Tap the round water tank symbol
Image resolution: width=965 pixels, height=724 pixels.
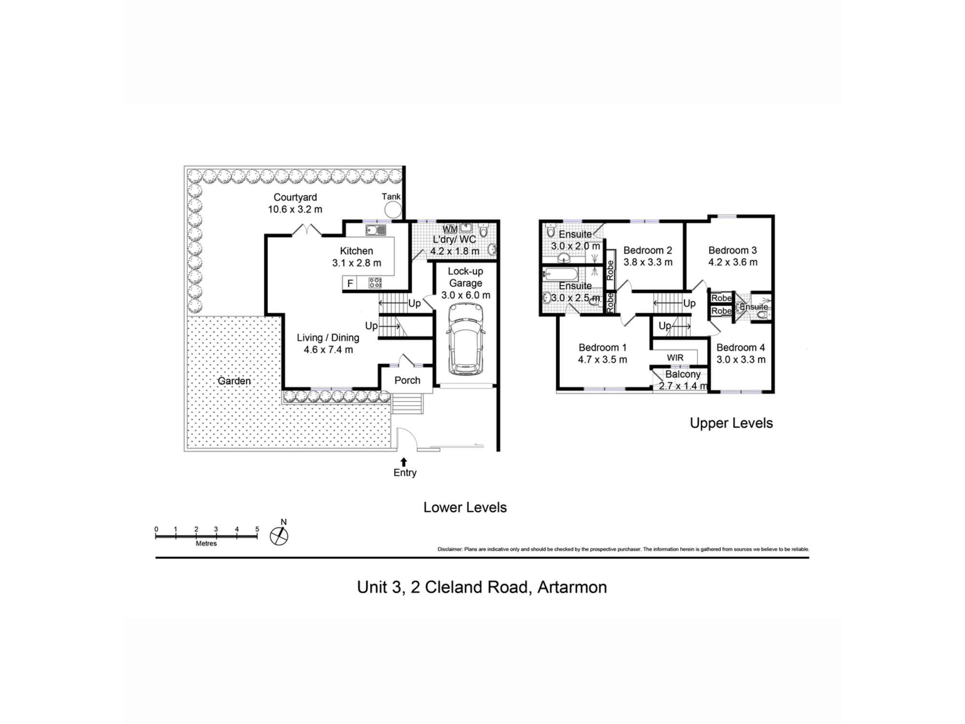coord(393,210)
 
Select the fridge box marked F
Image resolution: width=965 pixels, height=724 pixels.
coord(350,283)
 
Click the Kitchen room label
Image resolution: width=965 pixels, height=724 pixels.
coord(356,251)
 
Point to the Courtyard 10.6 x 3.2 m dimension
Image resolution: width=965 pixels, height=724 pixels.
coord(295,209)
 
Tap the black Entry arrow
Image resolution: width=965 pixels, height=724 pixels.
coord(404,462)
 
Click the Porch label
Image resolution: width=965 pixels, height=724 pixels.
coord(407,380)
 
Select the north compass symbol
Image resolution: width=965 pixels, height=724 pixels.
coord(279,535)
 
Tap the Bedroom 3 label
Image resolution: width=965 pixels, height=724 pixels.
coord(732,251)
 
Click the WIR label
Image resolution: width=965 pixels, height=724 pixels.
coord(675,358)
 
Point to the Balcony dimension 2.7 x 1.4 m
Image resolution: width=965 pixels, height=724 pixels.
coord(683,386)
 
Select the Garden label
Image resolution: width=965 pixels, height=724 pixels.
coord(234,381)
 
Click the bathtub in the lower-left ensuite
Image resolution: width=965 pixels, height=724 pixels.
coord(560,275)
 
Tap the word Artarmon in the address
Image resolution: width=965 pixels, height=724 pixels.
coord(572,587)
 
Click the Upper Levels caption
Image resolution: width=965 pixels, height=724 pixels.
coord(731,423)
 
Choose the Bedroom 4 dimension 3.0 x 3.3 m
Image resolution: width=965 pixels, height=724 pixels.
coord(741,360)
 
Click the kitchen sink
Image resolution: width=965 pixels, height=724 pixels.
coord(375,230)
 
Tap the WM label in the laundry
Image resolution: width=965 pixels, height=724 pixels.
coord(450,229)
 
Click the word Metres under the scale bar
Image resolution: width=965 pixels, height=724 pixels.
coord(206,543)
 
